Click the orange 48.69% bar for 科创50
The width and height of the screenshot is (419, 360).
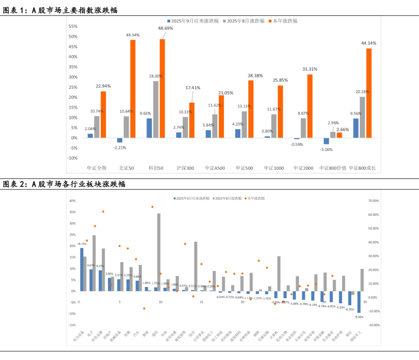(162, 88)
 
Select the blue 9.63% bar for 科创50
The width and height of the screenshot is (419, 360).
(149, 128)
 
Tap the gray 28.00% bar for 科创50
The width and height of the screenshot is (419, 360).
(156, 109)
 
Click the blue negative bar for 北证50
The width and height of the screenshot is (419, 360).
(120, 140)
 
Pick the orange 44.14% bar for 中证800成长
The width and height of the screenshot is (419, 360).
(369, 93)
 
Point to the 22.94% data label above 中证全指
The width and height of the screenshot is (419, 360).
(103, 86)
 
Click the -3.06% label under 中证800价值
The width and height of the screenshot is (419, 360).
(326, 149)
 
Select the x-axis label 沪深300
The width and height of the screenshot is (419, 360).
(185, 168)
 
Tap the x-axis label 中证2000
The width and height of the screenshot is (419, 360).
(303, 168)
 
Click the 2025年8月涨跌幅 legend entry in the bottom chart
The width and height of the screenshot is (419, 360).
(227, 198)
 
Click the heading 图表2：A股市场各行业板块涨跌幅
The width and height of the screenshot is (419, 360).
(64, 184)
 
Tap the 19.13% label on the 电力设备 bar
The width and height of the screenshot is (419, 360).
(82, 244)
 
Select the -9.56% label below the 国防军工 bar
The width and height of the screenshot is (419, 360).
(359, 317)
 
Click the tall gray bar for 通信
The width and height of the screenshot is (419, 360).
(159, 252)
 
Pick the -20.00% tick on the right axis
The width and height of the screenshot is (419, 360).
(374, 325)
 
